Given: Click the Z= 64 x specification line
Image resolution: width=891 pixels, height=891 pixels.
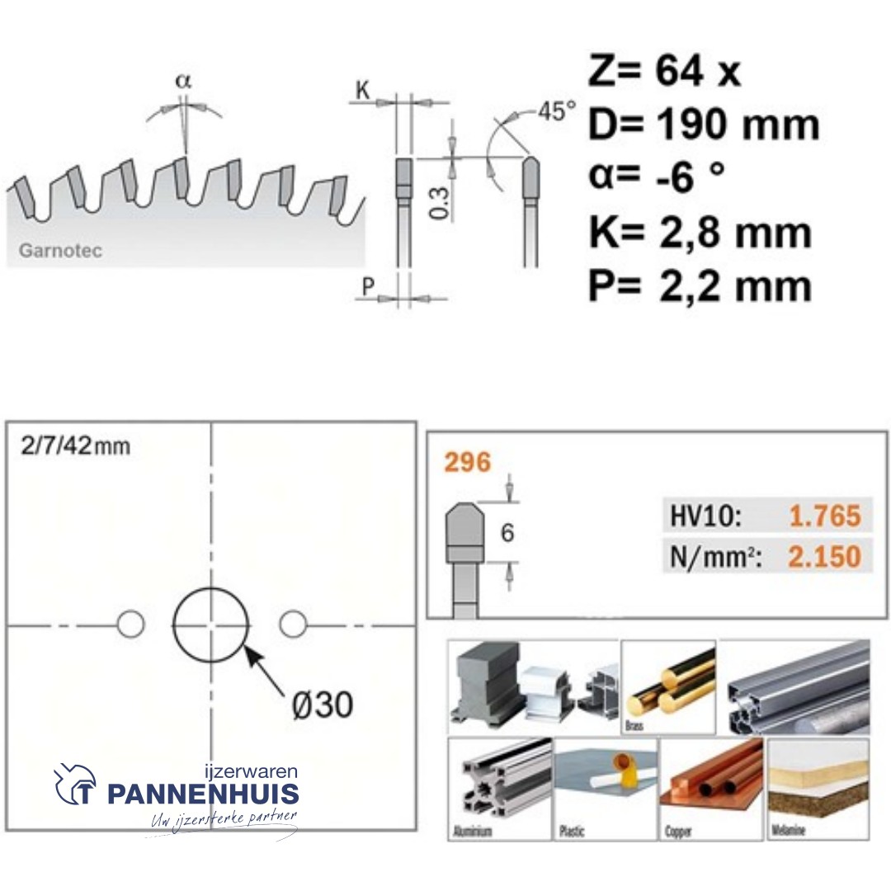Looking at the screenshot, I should (664, 73).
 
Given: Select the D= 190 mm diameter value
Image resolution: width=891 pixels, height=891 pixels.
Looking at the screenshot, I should (704, 125).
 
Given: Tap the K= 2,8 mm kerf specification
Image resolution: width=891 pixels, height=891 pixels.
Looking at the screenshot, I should (700, 233).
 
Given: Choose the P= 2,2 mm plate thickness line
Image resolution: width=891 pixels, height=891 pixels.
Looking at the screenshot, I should (700, 286).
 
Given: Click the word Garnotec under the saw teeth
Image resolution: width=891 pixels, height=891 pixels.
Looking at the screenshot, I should (60, 251).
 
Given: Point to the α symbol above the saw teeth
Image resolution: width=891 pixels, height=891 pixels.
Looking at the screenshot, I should (183, 81).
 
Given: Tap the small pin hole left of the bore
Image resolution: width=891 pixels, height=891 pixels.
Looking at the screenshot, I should (130, 625).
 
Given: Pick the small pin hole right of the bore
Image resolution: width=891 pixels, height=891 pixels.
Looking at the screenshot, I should (292, 625).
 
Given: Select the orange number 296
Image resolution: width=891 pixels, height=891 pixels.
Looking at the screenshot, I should (467, 463).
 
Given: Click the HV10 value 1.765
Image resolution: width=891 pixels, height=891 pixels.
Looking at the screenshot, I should (824, 516).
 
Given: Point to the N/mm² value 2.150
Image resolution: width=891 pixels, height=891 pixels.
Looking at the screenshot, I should (824, 557).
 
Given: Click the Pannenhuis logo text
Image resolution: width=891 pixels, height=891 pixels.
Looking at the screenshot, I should (203, 794).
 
